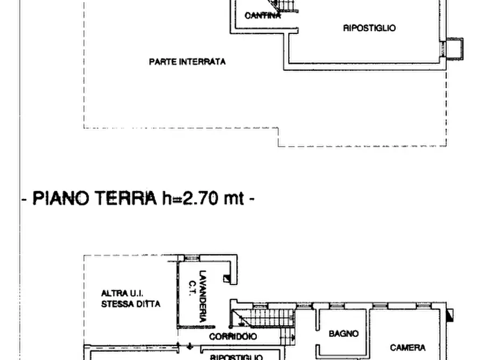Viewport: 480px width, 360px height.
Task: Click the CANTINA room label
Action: point(262,16)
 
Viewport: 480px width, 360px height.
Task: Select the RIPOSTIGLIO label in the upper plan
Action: point(369,28)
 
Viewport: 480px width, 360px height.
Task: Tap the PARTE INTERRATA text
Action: point(187,62)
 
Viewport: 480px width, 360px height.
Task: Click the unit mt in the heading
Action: point(233,198)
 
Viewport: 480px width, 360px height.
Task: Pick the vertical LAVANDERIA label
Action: point(203,296)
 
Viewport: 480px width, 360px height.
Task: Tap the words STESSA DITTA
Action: point(131,304)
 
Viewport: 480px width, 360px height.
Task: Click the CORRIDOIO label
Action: point(233,336)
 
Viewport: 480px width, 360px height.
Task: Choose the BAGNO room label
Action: point(343,334)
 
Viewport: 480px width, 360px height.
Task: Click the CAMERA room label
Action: point(407,348)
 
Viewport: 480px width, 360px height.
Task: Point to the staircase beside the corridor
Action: point(263,318)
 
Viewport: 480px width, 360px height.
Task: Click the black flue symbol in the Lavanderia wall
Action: point(227,278)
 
